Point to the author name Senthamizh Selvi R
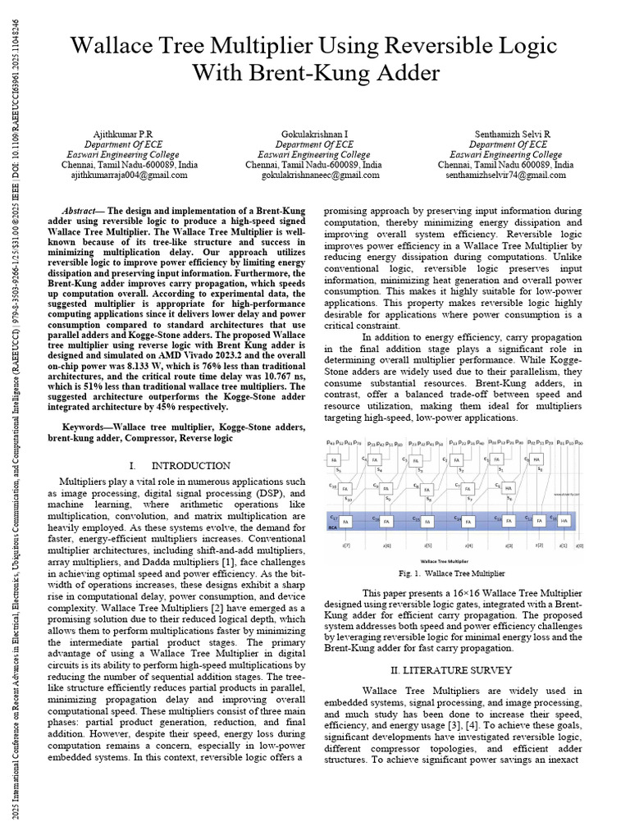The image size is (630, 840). pos(513,134)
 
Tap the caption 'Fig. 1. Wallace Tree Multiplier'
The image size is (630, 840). pos(453,573)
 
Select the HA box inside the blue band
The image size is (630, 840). pos(564,521)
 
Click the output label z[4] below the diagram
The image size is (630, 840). pos(468,545)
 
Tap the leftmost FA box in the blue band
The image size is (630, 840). pos(345,521)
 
